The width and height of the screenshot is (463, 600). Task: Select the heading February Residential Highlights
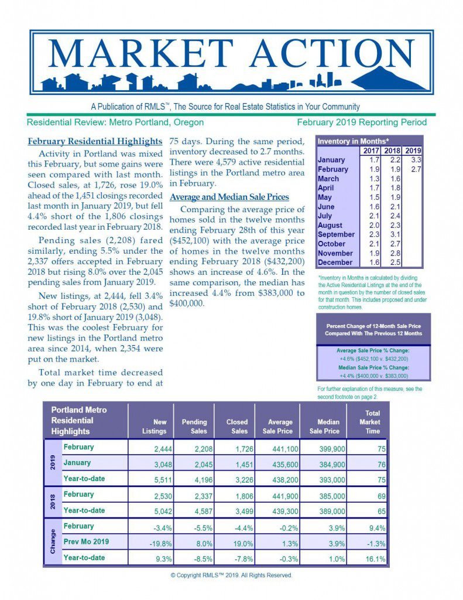point(95,141)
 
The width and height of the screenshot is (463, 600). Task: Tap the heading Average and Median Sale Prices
point(229,197)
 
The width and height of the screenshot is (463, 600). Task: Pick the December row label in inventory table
point(335,262)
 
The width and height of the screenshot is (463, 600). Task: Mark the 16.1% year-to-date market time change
point(374,559)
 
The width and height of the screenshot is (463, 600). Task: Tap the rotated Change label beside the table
point(53,542)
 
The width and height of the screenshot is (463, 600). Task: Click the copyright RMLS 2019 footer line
point(231,575)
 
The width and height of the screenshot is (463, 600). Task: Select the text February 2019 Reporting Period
point(361,122)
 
